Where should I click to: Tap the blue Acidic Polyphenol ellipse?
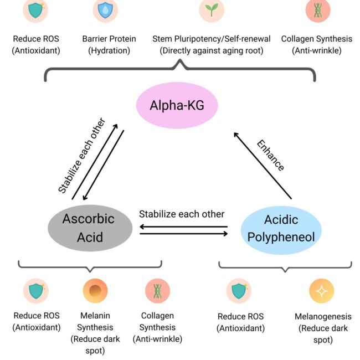[281, 228]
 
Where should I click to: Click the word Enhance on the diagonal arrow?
[270, 156]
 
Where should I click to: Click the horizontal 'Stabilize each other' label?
[182, 214]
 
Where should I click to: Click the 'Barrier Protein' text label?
[105, 39]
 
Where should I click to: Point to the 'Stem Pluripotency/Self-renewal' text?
[212, 39]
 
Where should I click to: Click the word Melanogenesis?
[323, 317]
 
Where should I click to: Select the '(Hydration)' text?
[105, 50]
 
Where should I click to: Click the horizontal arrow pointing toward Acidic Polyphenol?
[184, 234]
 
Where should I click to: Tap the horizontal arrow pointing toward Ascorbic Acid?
[184, 226]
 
